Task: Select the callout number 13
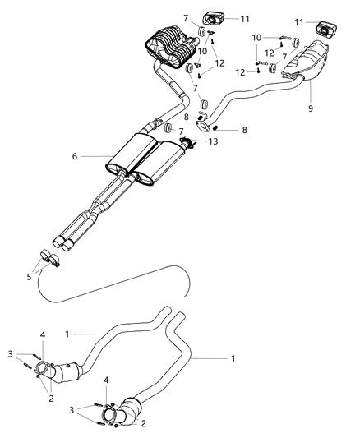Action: pos(215,141)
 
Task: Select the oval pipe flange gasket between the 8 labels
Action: pos(203,126)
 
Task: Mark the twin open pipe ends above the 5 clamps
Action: pos(61,242)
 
